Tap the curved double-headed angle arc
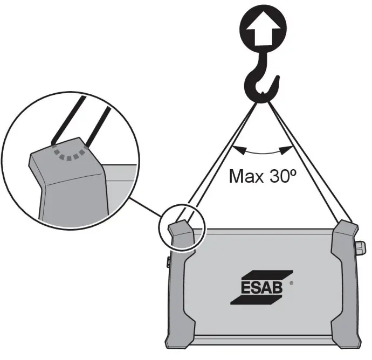click(263, 153)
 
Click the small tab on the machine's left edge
click(168, 263)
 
